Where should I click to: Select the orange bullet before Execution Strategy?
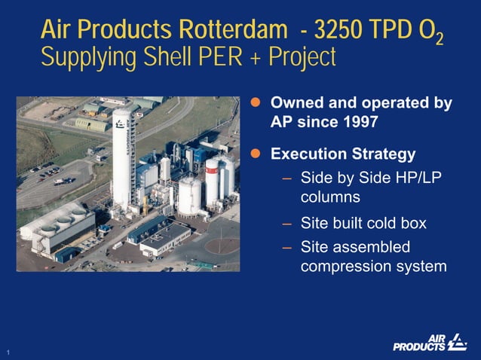(256, 154)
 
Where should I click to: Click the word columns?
(330, 197)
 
